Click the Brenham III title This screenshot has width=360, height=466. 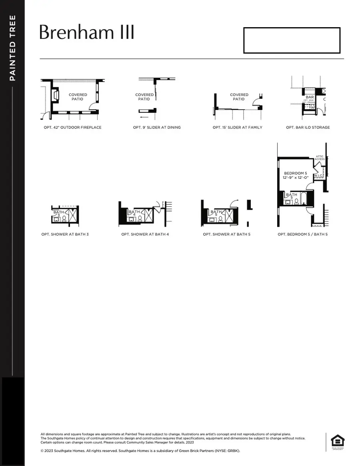[87, 33]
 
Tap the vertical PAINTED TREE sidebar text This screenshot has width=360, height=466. [12, 48]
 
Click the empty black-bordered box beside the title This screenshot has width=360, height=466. [292, 40]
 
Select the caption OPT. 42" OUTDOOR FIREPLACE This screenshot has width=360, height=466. [72, 128]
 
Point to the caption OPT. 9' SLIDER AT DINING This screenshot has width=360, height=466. [157, 128]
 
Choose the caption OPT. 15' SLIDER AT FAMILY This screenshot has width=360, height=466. [237, 128]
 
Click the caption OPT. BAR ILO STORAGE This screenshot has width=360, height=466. [308, 128]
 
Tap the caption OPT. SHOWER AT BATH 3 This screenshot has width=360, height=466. [65, 234]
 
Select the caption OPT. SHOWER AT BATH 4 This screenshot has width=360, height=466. [145, 234]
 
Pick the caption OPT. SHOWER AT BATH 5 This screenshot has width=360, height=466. [226, 234]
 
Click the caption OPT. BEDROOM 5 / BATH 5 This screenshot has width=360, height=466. [302, 234]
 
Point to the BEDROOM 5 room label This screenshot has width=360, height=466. [295, 173]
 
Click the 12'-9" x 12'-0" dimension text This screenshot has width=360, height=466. [295, 177]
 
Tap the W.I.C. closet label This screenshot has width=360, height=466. [318, 176]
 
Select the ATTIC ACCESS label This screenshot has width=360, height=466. [320, 158]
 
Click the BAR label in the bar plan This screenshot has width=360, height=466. [310, 97]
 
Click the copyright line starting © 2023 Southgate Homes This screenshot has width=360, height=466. [140, 451]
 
